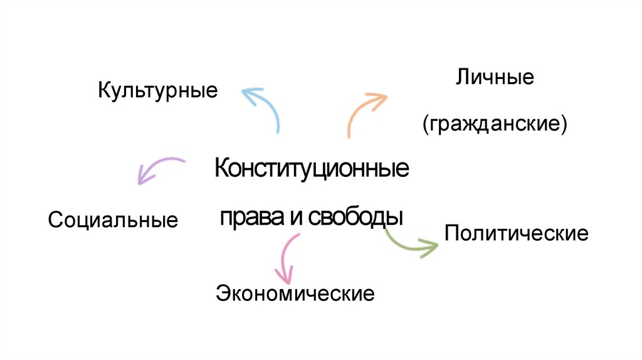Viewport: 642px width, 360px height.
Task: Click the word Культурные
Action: click(157, 92)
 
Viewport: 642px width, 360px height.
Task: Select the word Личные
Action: click(495, 78)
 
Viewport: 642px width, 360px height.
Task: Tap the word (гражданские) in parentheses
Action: click(495, 123)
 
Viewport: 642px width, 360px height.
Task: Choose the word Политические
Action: click(516, 234)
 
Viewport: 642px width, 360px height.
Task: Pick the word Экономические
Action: click(295, 293)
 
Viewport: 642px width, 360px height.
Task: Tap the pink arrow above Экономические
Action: click(287, 257)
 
